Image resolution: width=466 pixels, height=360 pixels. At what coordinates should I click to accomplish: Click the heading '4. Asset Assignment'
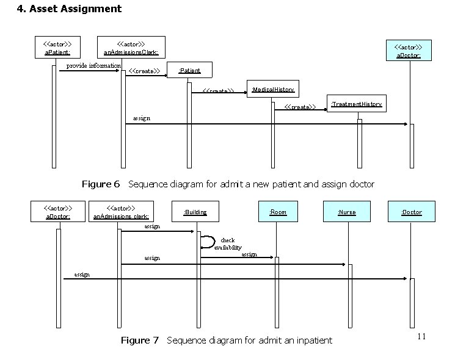coord(69,9)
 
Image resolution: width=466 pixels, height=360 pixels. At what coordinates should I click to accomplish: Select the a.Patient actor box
coord(57,48)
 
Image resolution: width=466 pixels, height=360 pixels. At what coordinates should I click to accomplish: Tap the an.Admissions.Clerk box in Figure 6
coord(131,48)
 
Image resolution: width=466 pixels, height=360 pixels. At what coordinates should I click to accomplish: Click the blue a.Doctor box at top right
coord(409,51)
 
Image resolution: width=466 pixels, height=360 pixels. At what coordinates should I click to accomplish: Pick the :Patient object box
coord(189,71)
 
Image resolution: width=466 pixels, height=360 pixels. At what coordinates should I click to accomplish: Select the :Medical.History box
coord(272,90)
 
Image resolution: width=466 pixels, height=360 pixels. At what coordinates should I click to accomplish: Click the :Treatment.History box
coord(356,104)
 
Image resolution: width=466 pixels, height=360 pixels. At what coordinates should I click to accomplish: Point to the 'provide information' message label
coord(93,65)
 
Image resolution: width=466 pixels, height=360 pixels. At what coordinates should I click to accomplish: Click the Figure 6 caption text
coord(228,184)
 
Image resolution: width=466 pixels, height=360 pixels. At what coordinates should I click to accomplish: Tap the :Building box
coord(195,212)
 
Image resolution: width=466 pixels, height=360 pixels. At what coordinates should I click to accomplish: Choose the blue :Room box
coord(278,212)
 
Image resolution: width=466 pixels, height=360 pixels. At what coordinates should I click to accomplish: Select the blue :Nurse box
coord(346,212)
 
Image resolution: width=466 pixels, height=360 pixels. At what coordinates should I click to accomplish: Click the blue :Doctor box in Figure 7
coord(411,212)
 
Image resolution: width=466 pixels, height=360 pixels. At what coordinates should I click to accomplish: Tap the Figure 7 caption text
coord(227,340)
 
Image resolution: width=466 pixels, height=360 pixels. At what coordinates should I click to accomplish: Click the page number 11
coord(421,337)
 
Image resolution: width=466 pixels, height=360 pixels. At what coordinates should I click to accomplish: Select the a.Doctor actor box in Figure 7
coord(59,212)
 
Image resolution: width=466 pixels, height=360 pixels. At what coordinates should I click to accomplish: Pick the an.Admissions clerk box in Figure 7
coord(121,212)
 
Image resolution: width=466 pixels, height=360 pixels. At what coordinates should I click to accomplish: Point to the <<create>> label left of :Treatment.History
coord(300,107)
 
